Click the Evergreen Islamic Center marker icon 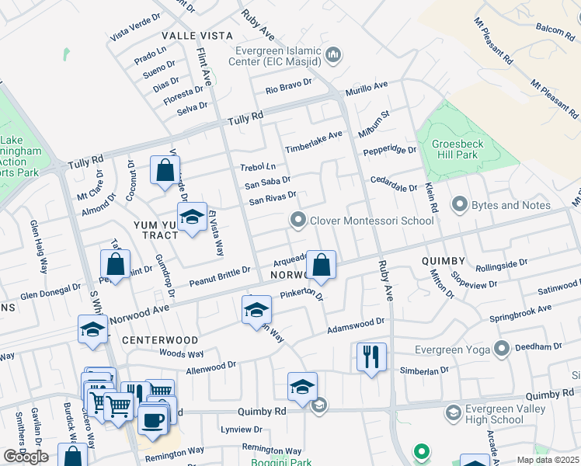334,55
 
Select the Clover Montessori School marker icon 298,221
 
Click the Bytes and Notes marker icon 458,205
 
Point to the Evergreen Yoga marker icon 502,349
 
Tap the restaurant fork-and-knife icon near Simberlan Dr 371,356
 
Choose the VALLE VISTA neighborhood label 197,36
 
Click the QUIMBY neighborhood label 444,261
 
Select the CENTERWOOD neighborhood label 160,340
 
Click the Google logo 26,457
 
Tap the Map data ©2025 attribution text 546,460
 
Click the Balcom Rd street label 554,29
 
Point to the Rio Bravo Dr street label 288,85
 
